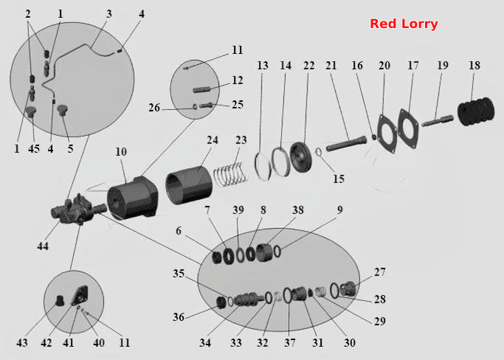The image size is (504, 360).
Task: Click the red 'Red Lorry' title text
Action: coord(404,24)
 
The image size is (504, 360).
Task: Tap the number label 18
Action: coord(474,66)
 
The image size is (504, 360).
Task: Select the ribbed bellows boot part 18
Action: coord(477,111)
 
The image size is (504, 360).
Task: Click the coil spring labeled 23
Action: coord(231,175)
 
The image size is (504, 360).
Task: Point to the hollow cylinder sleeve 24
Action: coord(189,185)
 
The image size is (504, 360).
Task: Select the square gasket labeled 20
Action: coord(387,134)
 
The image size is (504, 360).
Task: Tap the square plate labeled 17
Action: coord(408,128)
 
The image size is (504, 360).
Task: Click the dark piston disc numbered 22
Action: coord(301,158)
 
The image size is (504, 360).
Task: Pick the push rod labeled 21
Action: coord(346,144)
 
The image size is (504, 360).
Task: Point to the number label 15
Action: coord(338,179)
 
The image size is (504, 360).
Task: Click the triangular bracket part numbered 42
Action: coord(80,296)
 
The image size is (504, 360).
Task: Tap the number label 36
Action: coord(179,317)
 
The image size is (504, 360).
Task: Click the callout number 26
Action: coord(154,108)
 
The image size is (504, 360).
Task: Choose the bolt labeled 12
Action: coord(202,90)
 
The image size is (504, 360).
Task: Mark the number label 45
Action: coord(34,149)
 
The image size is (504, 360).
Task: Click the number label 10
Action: coord(121,152)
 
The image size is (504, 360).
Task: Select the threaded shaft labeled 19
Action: coord(438,121)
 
